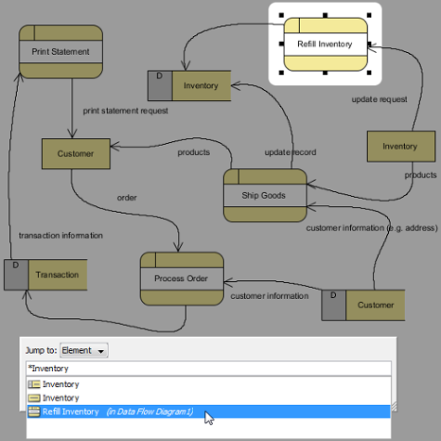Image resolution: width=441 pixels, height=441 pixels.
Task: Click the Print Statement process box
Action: [61, 51]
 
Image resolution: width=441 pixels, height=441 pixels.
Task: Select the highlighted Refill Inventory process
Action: [326, 44]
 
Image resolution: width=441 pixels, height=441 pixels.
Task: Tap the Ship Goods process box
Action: [265, 195]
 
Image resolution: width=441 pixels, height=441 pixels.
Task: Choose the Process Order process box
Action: [182, 278]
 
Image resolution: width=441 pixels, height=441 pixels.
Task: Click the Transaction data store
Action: [45, 274]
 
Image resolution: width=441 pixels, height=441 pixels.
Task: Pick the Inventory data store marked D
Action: [189, 85]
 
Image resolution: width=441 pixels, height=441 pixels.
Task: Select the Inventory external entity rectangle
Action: [401, 147]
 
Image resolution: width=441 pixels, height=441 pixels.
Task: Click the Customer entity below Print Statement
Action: [76, 153]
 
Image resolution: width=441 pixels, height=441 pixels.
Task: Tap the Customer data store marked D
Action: [363, 305]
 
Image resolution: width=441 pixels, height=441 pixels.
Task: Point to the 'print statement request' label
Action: [126, 111]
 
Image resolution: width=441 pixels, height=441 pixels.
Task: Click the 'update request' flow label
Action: [379, 99]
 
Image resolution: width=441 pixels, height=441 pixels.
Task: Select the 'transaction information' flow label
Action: [61, 236]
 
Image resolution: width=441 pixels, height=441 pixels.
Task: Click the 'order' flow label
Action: [127, 198]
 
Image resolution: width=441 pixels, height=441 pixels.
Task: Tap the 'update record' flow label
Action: [291, 152]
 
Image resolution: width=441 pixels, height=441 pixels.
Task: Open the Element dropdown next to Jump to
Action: [84, 350]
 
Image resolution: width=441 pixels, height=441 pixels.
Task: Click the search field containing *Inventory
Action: [208, 368]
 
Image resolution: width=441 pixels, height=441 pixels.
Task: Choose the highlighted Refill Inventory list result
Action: [208, 412]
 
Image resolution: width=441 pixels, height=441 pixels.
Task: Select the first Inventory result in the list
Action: [54, 384]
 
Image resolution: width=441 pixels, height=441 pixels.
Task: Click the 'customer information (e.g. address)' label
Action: [372, 228]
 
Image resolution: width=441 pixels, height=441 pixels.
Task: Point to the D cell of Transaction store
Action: [16, 274]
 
